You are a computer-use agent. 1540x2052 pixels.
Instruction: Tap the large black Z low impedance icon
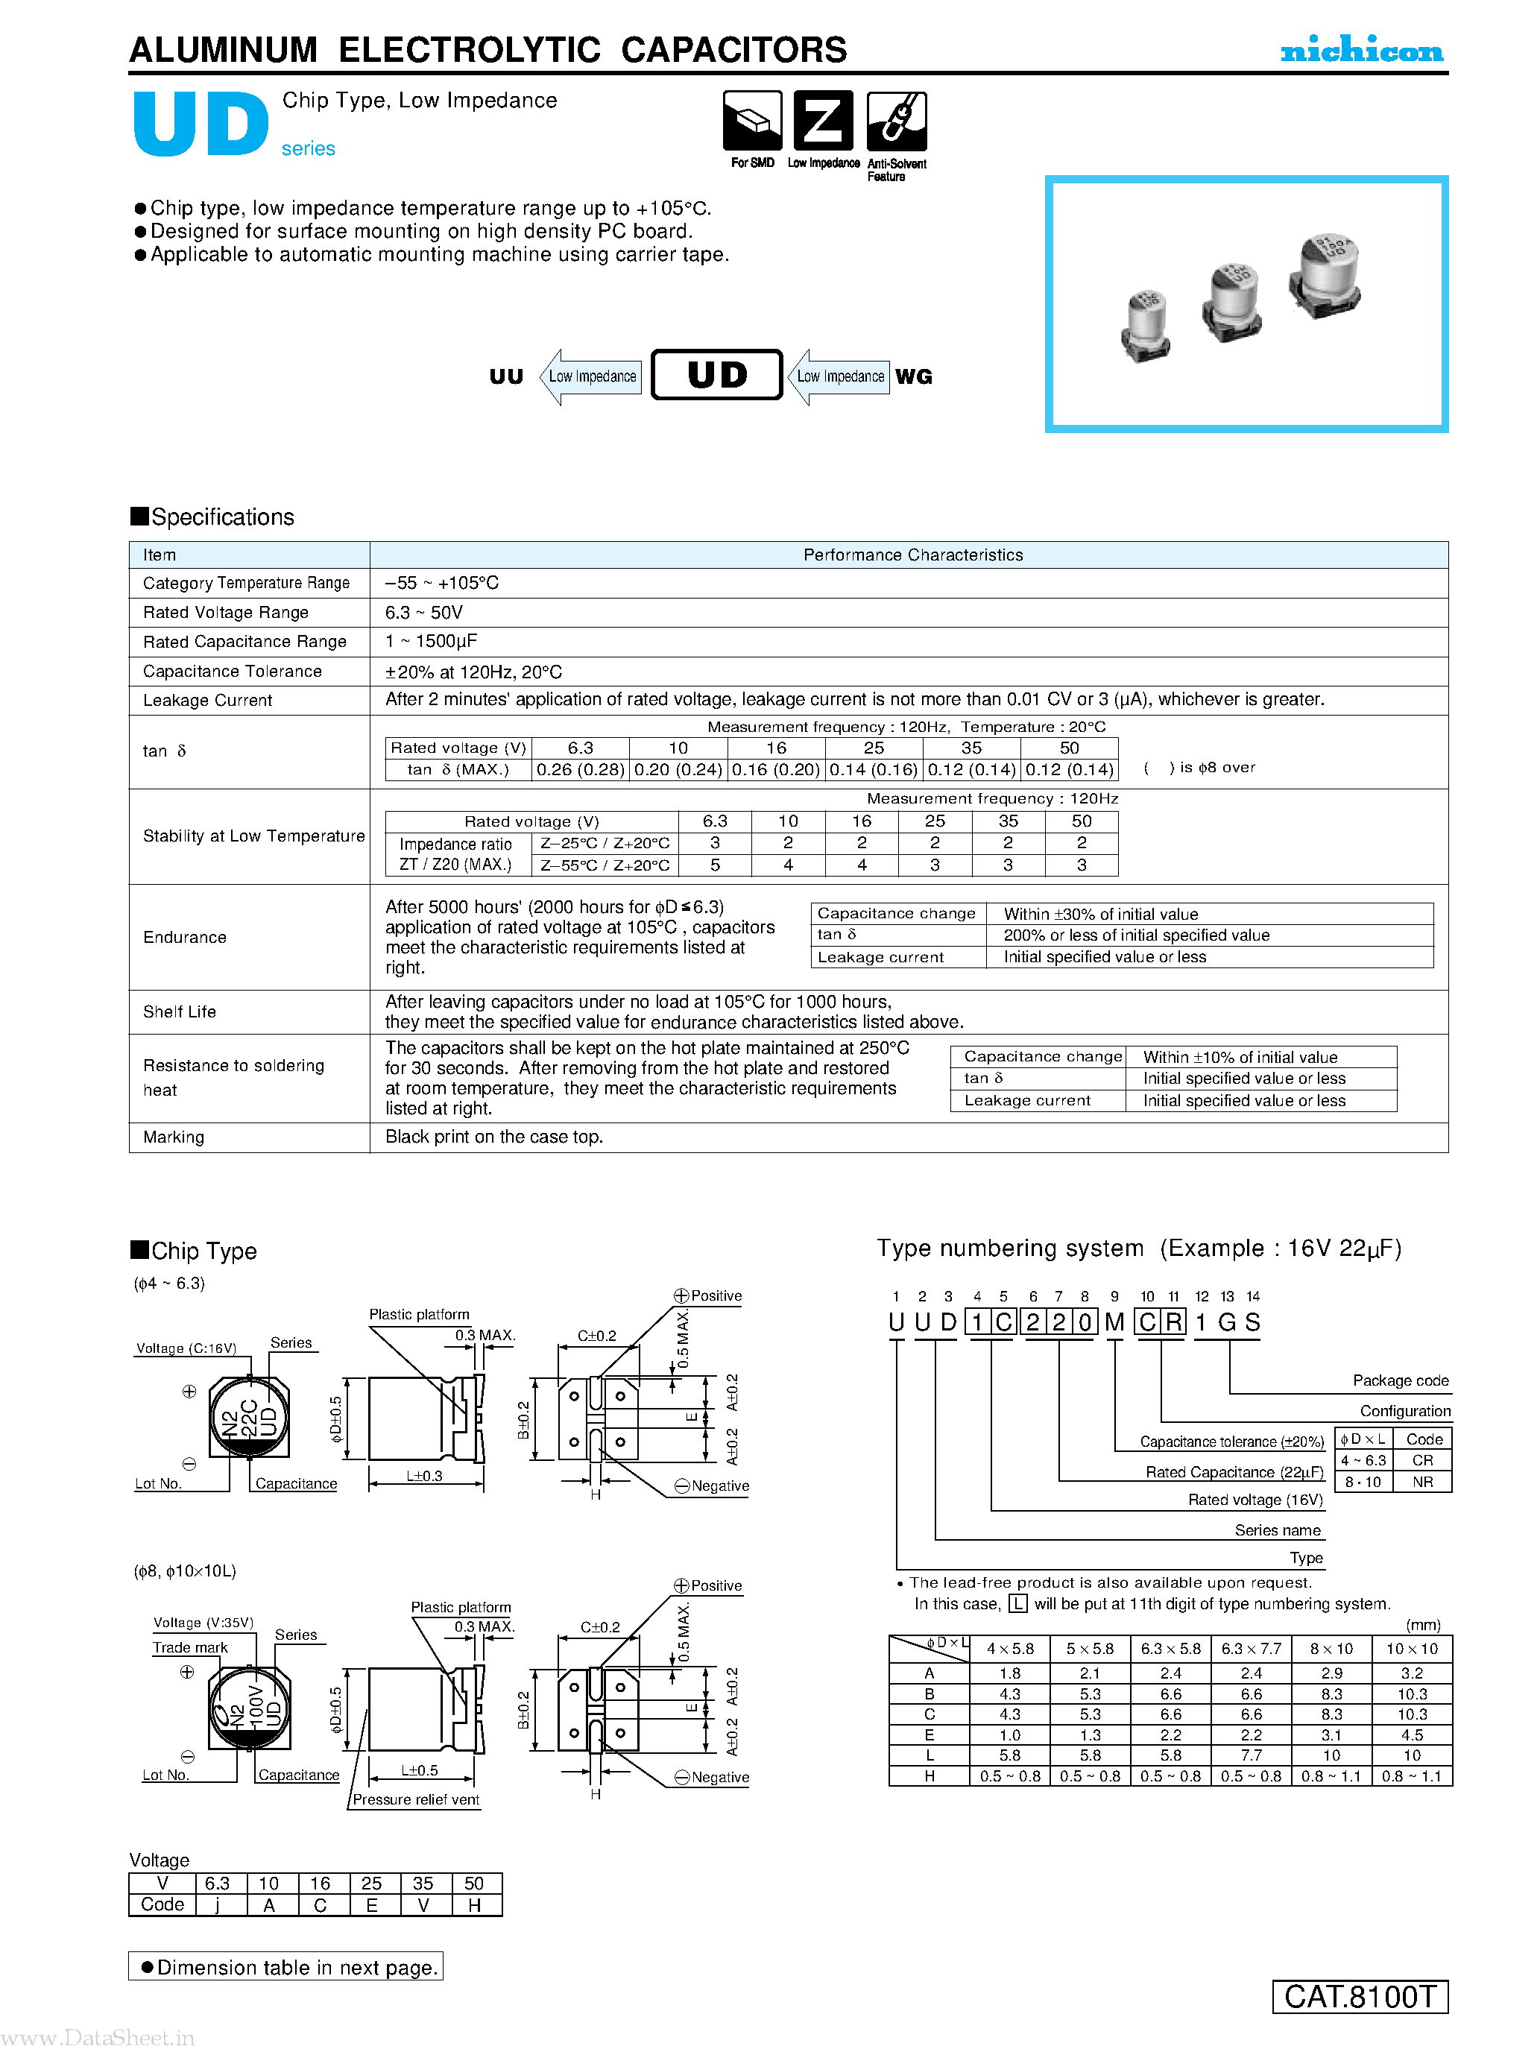pos(823,121)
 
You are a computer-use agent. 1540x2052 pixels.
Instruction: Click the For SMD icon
pos(752,121)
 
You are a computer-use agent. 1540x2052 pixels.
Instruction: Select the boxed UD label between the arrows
pos(716,375)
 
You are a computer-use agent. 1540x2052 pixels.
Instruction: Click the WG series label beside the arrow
pos(914,376)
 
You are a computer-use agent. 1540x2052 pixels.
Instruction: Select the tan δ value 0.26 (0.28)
pos(581,770)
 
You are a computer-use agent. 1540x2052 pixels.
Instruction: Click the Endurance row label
pos(185,937)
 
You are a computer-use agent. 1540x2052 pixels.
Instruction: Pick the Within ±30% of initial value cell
pos(1100,914)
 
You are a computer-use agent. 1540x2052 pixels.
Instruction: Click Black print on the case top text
pos(493,1137)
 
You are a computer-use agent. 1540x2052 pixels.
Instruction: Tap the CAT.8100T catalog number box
pos(1360,1995)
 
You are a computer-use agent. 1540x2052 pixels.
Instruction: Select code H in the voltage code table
pos(475,1904)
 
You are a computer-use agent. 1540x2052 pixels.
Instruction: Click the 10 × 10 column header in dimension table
pos(1411,1649)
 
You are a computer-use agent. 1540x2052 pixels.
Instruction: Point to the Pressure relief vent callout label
pos(416,1799)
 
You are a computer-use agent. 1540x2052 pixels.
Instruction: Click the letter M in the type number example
pos(1114,1322)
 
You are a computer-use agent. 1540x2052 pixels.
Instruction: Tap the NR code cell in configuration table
pos(1422,1482)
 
